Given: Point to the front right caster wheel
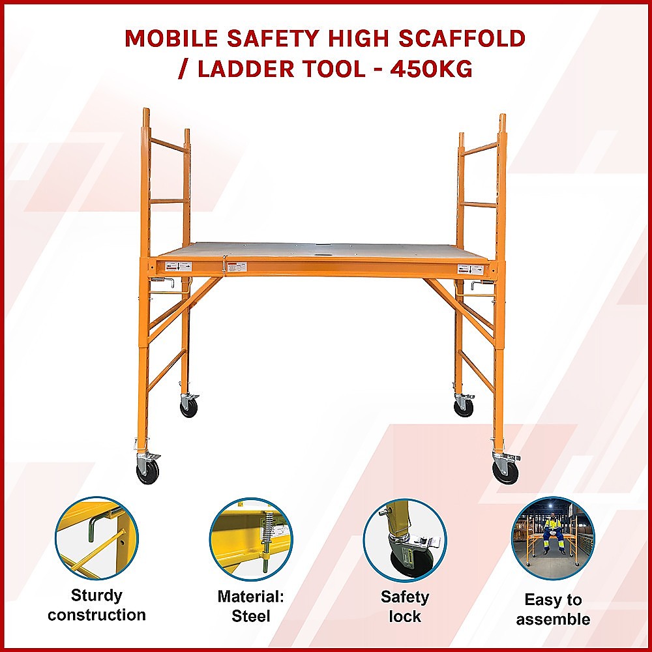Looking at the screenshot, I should click(505, 470).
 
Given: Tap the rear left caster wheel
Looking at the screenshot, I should click(189, 407).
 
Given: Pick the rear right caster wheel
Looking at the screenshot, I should click(464, 407).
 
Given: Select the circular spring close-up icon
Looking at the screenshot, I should click(251, 539).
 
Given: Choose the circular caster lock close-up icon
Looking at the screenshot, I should click(405, 540).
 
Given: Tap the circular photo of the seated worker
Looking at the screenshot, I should click(553, 539).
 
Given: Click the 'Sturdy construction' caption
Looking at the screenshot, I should click(96, 605).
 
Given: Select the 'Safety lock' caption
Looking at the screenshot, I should click(405, 606).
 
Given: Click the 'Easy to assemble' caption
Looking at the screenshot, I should click(553, 609).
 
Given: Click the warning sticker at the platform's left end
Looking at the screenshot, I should click(178, 267).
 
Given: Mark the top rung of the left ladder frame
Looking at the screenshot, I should click(169, 145).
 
